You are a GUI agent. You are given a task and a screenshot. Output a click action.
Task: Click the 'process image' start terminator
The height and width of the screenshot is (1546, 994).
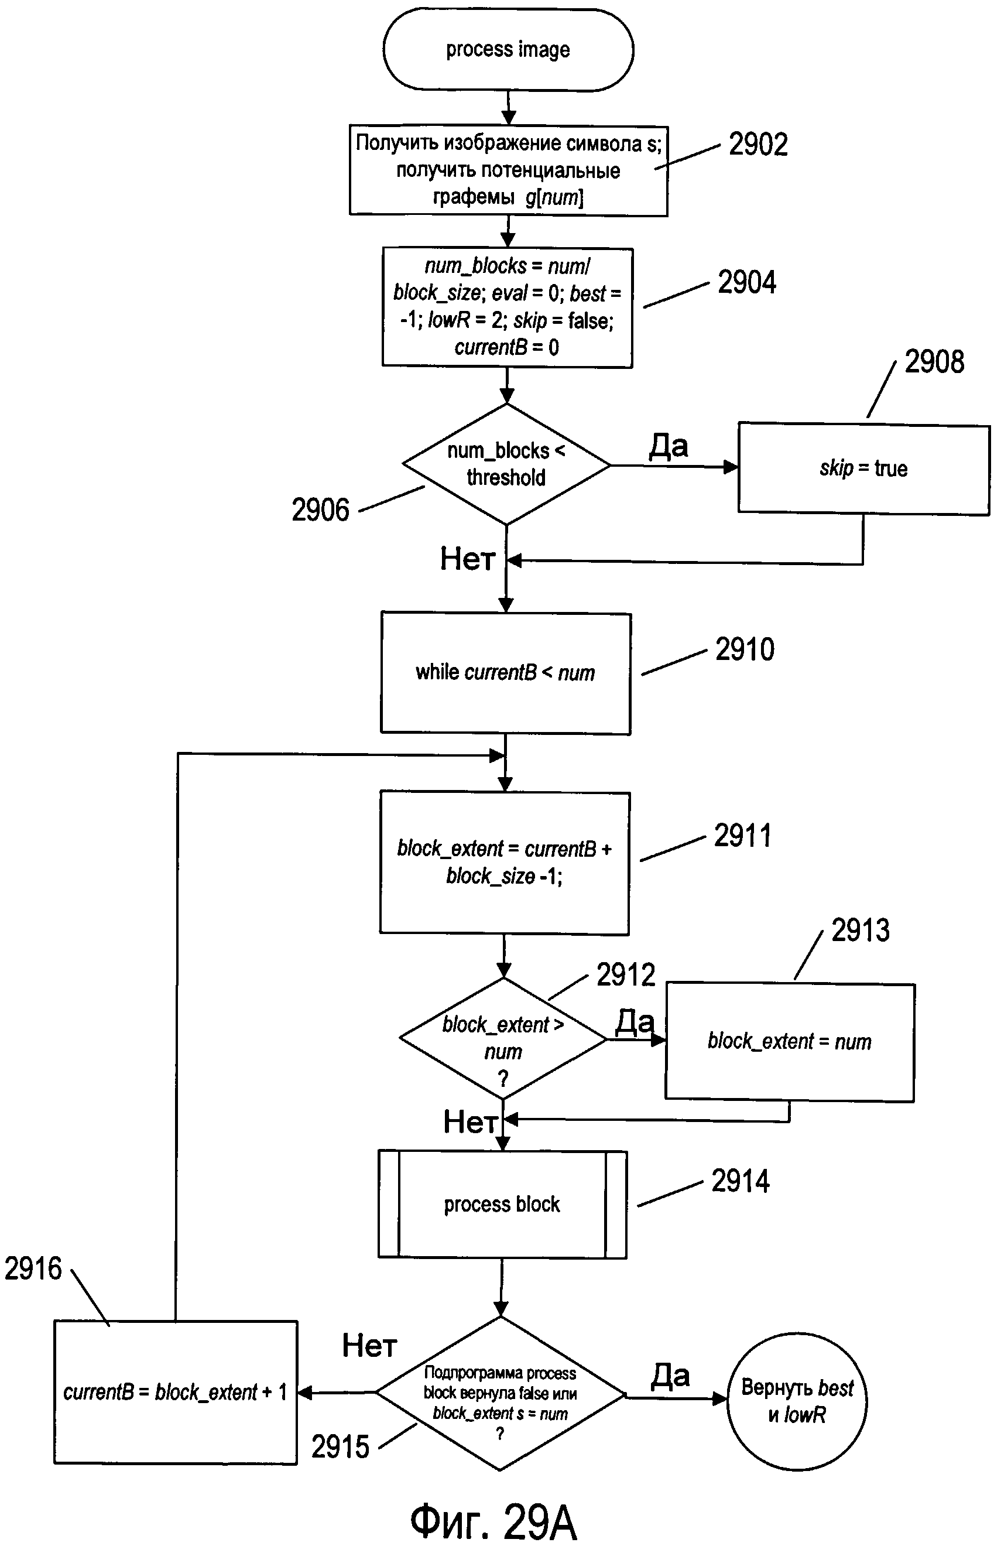point(508,49)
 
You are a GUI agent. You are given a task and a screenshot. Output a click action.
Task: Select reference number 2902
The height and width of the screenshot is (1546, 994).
point(759,144)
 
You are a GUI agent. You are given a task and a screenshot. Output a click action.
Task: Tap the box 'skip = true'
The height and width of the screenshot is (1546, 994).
point(863,468)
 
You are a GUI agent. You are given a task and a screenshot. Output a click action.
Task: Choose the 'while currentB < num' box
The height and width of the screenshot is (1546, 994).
point(506,673)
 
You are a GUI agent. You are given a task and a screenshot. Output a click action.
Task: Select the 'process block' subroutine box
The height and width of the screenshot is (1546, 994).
point(502,1204)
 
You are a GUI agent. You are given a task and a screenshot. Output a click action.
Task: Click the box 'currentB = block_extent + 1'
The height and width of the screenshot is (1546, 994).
point(176,1393)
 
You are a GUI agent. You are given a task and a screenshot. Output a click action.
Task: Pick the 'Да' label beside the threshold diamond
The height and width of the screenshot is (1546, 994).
point(669,446)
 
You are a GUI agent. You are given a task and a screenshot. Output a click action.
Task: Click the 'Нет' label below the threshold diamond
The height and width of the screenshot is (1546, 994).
point(468,558)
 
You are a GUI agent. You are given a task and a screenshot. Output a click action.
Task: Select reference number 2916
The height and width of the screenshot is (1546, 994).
point(33,1268)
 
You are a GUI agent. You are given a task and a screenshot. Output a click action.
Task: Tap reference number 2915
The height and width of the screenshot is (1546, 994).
point(340,1446)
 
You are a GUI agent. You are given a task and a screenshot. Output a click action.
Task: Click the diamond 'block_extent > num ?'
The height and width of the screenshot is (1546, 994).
point(503,1039)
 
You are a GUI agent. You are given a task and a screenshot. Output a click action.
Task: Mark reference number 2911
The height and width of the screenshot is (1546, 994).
point(743,835)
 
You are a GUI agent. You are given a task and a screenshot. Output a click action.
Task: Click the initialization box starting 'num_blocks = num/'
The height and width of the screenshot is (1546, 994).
point(508,307)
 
